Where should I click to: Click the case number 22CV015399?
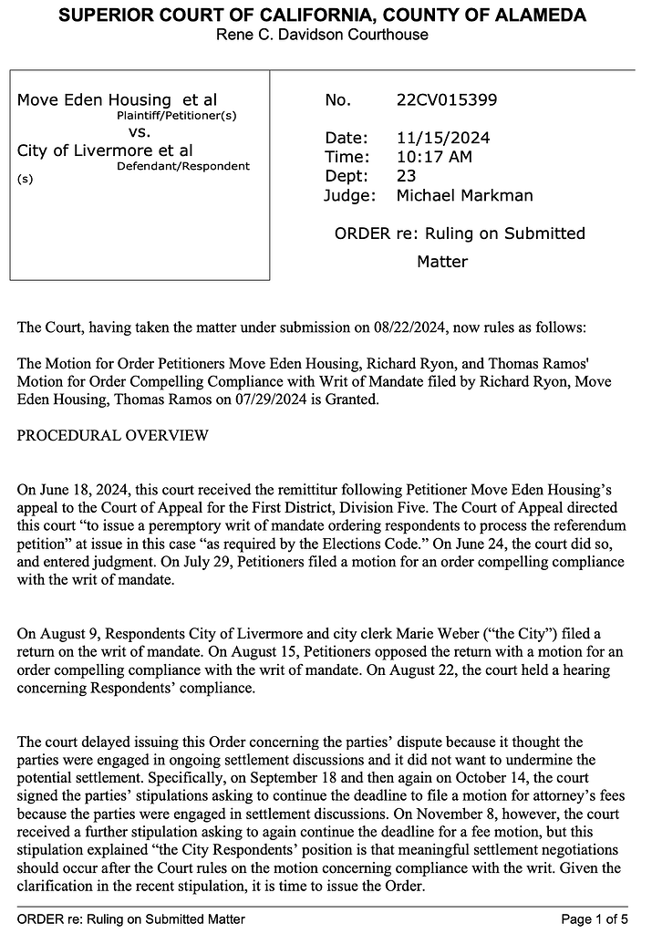[447, 100]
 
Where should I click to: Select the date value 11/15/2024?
[443, 139]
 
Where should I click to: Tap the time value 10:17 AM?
[434, 157]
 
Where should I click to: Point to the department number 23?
[407, 176]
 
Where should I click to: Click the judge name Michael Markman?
[464, 195]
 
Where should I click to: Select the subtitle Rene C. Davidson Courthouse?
[322, 35]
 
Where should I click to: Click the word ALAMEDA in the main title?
[538, 16]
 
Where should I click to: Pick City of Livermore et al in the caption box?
[105, 150]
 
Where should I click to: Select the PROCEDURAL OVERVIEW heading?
[112, 436]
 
